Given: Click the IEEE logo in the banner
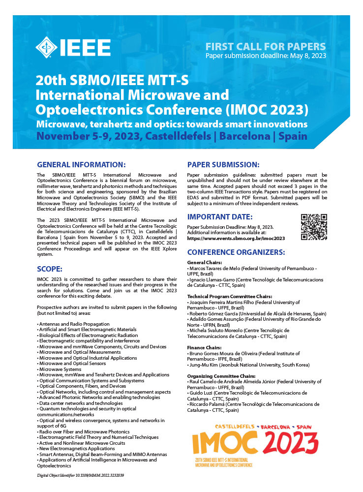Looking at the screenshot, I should [x=73, y=47].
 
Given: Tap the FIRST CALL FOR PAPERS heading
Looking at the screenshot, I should [x=266, y=47].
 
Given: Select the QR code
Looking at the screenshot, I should [x=314, y=227].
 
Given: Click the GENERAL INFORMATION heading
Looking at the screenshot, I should [x=81, y=164].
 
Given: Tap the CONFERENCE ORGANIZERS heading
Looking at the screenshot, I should [x=236, y=252].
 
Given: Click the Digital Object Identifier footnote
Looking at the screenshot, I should [x=81, y=475].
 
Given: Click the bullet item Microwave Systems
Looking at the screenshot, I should [x=60, y=369].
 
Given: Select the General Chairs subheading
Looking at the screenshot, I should [x=205, y=262].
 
